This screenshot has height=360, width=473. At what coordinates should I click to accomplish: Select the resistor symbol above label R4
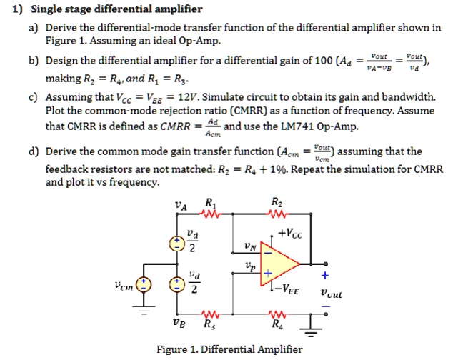277,315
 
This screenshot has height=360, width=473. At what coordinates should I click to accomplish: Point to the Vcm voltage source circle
143,284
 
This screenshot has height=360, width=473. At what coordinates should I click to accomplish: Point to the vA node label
182,206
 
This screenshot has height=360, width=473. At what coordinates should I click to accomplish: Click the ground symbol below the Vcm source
143,311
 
